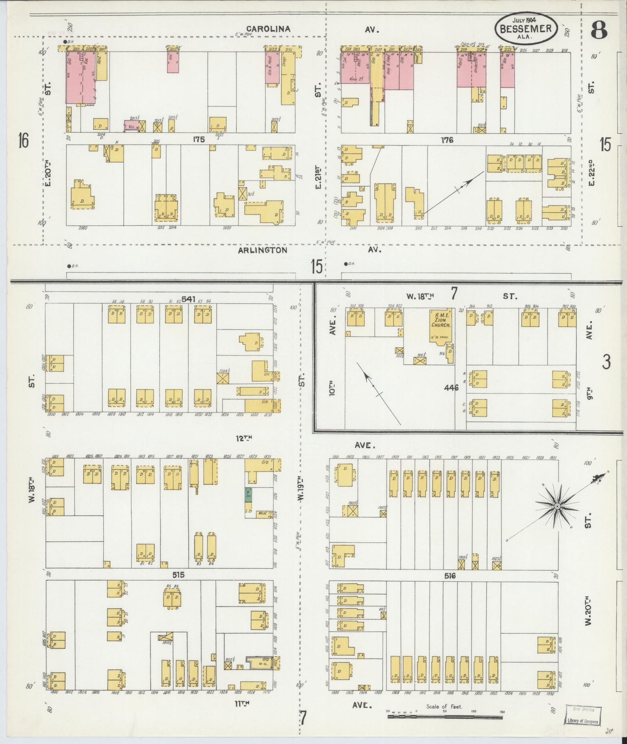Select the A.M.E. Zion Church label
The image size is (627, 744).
[440, 319]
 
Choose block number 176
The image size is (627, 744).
[447, 140]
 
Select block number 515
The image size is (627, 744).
[178, 575]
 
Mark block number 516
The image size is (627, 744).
[450, 576]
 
